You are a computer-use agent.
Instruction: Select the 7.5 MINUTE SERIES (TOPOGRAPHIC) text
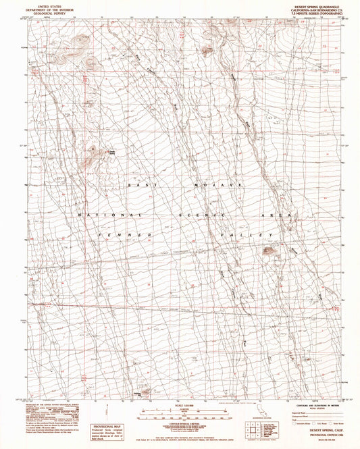pyautogui.click(x=312, y=13)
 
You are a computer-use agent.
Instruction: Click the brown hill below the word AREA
pyautogui.click(x=269, y=252)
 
